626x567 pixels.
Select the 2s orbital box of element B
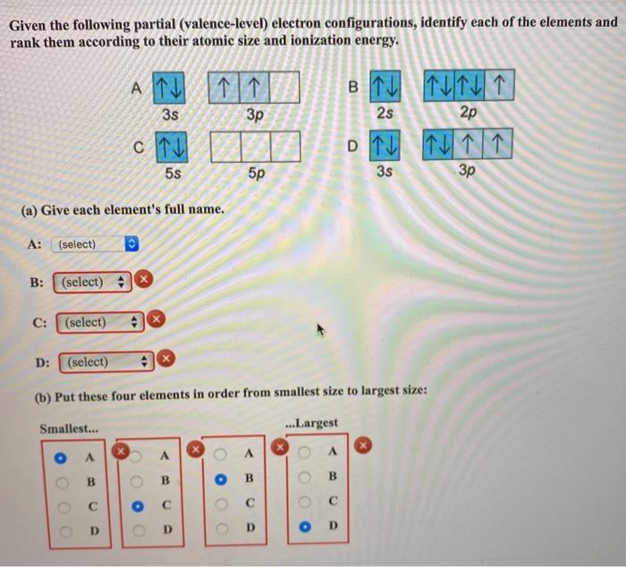pos(385,89)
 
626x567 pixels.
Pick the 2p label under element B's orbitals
pos(468,114)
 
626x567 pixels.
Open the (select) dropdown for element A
pos(97,244)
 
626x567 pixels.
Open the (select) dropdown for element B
pos(93,282)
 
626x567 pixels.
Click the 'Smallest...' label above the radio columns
pos(70,429)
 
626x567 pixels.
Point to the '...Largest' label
pos(310,422)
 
